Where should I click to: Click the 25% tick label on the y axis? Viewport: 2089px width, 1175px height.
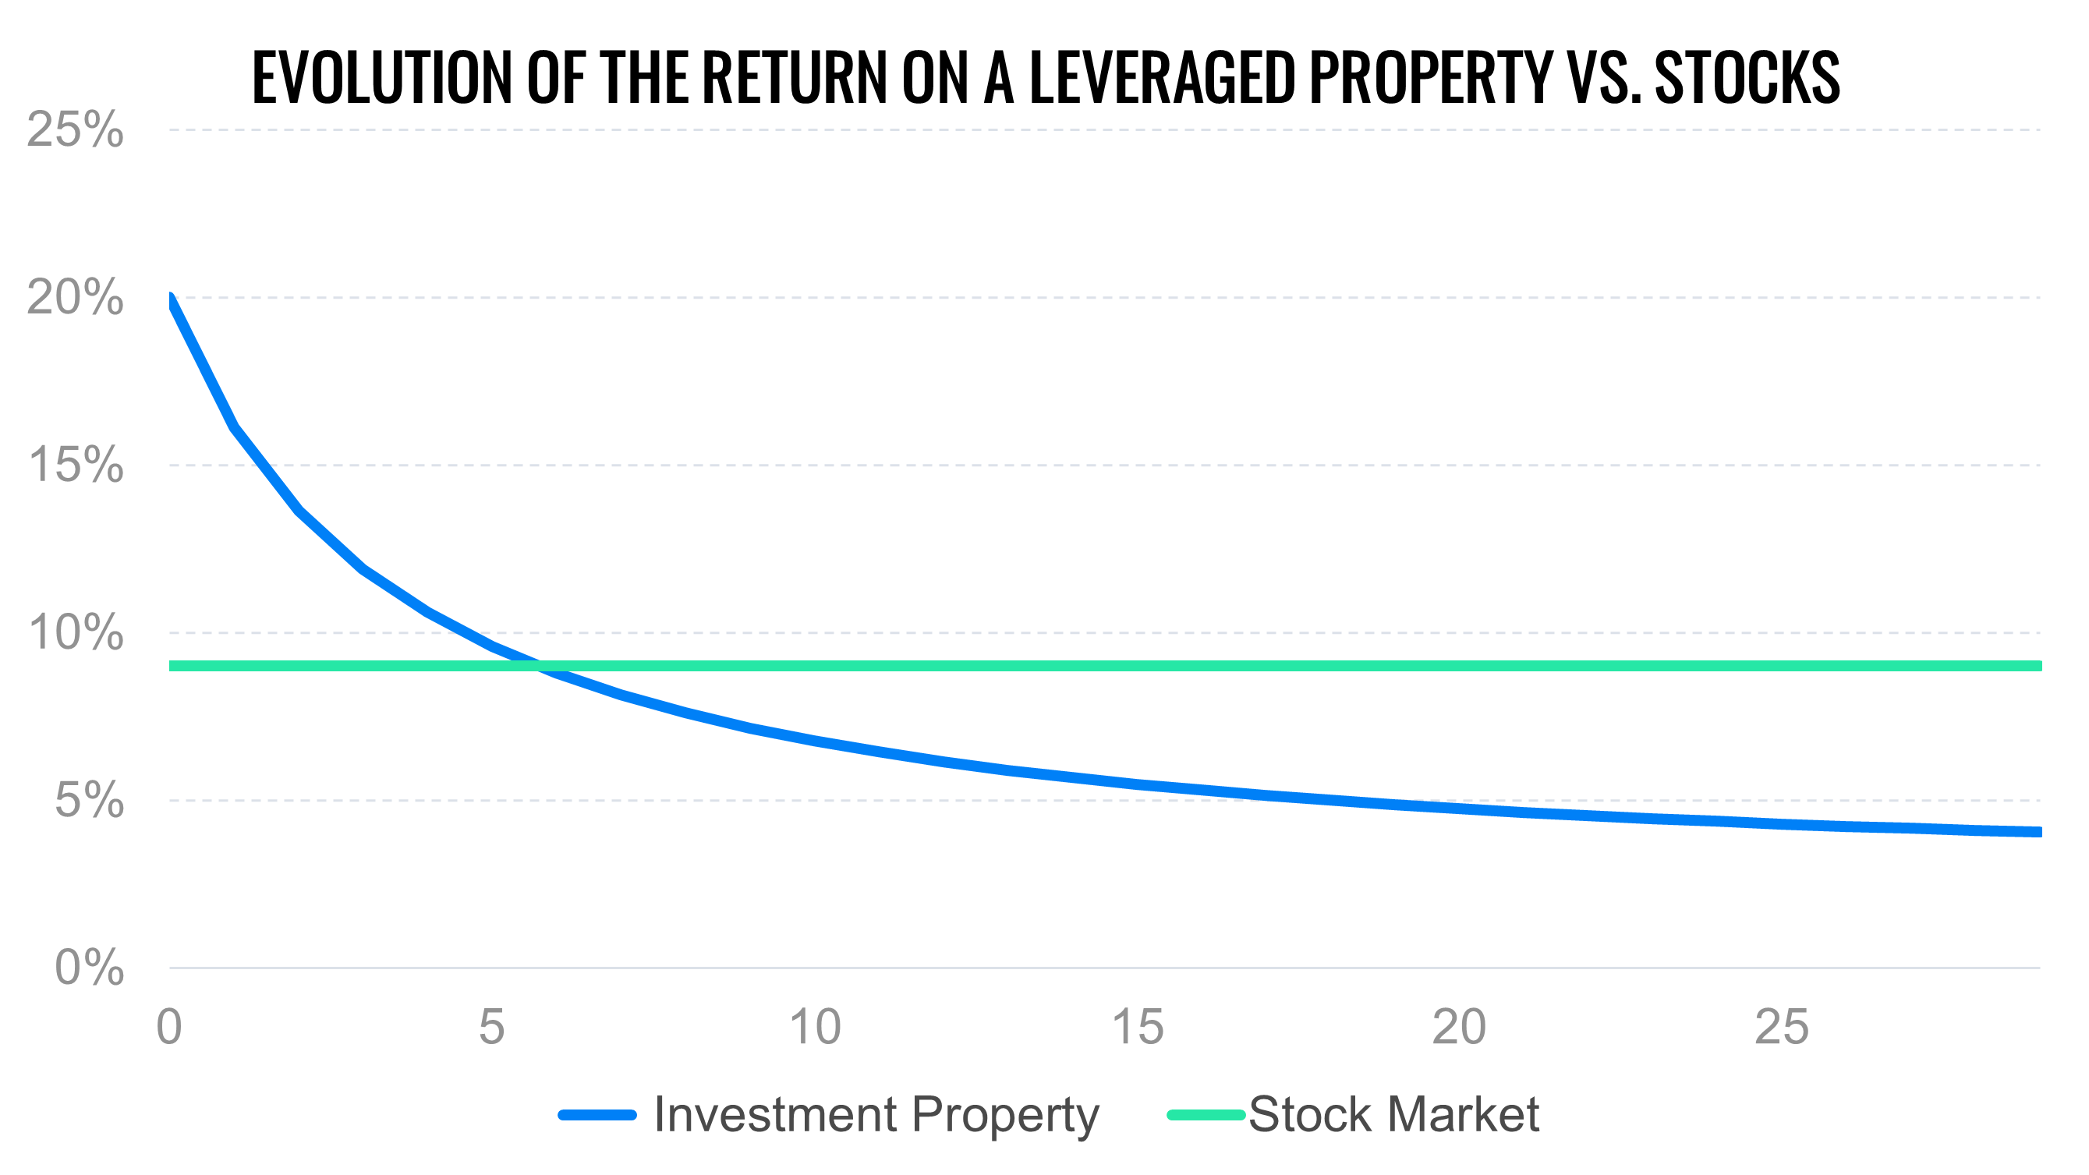[75, 129]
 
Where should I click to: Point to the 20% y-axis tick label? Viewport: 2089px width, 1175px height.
[75, 298]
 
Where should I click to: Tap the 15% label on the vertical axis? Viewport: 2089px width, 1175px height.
[75, 465]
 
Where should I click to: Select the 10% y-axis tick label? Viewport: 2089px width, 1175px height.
[75, 632]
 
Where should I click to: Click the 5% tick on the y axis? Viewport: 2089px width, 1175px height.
[89, 801]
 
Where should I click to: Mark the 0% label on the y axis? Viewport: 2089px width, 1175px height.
[89, 968]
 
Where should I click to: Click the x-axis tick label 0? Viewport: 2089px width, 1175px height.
[168, 1027]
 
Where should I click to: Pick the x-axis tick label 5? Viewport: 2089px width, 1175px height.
[491, 1027]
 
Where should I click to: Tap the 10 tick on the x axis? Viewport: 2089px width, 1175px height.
[815, 1027]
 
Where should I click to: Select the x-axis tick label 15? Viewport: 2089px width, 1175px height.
[1137, 1027]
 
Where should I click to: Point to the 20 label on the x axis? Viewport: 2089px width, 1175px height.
[1459, 1027]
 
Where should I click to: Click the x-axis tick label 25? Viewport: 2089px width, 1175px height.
[1782, 1027]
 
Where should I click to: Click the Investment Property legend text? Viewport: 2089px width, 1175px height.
[876, 1114]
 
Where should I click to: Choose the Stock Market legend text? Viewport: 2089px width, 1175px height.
[1393, 1114]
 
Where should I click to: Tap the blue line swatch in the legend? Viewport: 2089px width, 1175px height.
[597, 1115]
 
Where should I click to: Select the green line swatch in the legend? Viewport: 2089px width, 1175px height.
[1206, 1115]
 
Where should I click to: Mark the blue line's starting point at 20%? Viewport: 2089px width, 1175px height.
[170, 300]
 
